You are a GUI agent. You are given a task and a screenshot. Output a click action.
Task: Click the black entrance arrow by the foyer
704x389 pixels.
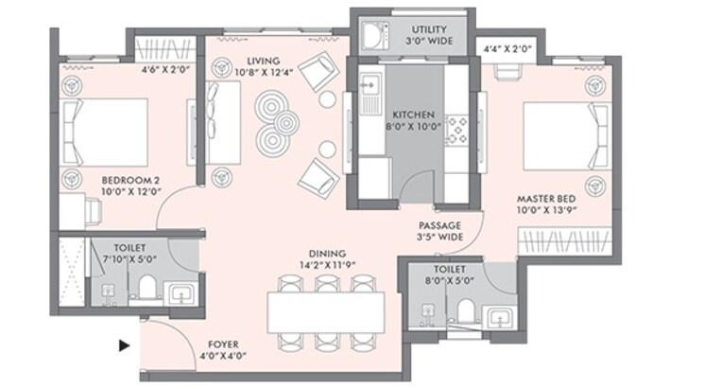click(123, 345)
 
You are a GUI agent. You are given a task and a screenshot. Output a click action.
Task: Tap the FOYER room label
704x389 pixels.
click(223, 344)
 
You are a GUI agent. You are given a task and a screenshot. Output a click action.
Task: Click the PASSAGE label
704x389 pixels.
click(439, 225)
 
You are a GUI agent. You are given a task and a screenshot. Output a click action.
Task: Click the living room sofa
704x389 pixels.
click(216, 121)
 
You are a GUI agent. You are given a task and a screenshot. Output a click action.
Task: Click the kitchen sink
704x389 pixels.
click(368, 90)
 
